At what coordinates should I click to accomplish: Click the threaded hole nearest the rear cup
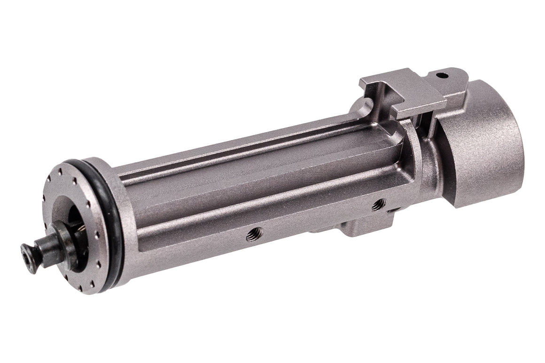pyautogui.click(x=377, y=204)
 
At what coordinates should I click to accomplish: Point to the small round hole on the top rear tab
pyautogui.click(x=440, y=75)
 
